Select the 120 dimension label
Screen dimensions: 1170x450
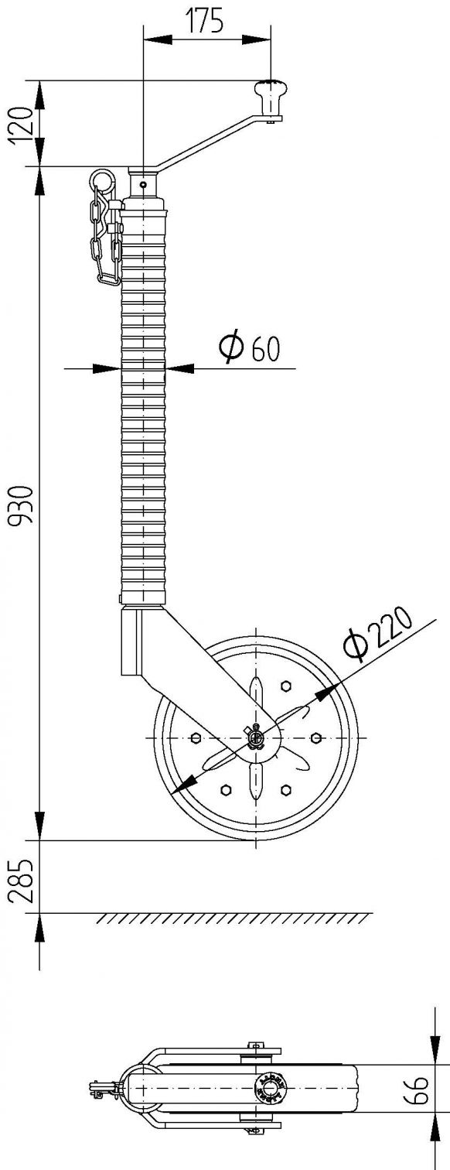pos(22,123)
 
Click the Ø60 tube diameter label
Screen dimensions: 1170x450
pos(249,348)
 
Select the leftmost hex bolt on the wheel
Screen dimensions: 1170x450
pos(194,737)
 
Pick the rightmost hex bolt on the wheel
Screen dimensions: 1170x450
pos(315,737)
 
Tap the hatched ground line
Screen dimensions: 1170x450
pos(232,919)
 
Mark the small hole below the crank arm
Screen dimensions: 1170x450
pos(144,186)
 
